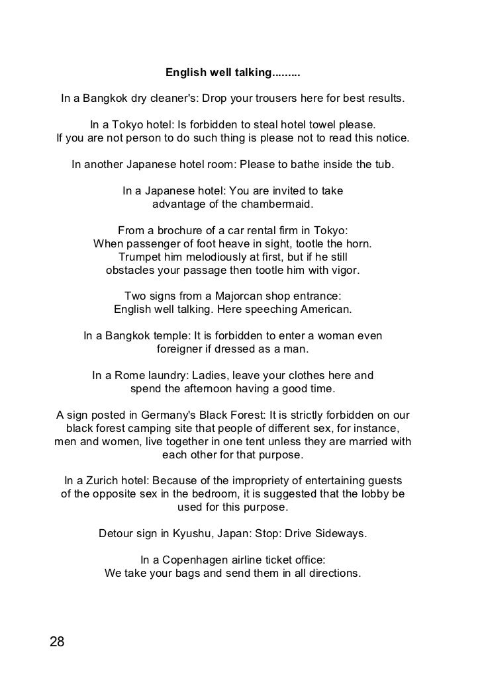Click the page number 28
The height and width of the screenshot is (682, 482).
tap(58, 641)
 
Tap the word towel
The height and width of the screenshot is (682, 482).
tap(314, 125)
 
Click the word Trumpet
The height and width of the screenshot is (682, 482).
tap(141, 257)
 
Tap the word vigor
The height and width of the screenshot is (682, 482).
tap(344, 270)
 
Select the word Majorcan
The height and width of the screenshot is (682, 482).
tap(246, 295)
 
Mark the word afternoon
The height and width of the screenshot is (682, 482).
tap(206, 388)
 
